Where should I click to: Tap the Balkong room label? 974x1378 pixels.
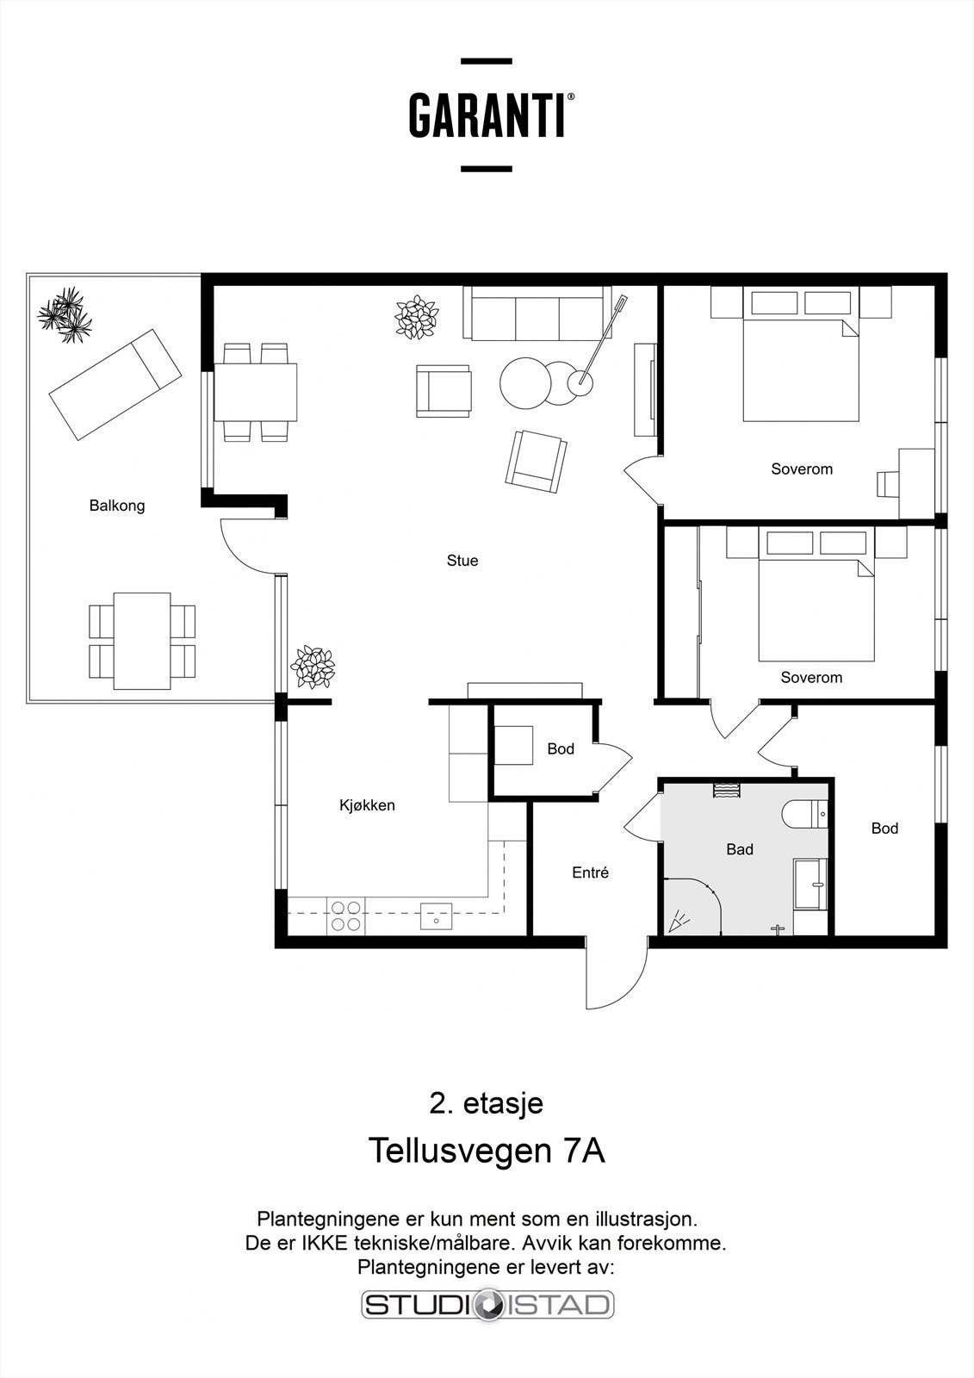pyautogui.click(x=117, y=506)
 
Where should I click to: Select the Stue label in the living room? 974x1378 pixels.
pyautogui.click(x=462, y=561)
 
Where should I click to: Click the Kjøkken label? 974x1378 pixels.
pyautogui.click(x=367, y=804)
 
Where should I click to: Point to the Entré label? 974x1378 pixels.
pyautogui.click(x=590, y=872)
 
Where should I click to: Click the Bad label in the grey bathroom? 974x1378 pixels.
pyautogui.click(x=740, y=849)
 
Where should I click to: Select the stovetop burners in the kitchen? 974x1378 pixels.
pyautogui.click(x=345, y=916)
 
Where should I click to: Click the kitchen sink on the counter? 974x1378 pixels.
pyautogui.click(x=437, y=916)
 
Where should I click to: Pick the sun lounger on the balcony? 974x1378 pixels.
pyautogui.click(x=115, y=384)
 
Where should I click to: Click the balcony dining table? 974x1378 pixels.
pyautogui.click(x=142, y=641)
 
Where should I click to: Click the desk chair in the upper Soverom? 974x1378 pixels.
pyautogui.click(x=887, y=483)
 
